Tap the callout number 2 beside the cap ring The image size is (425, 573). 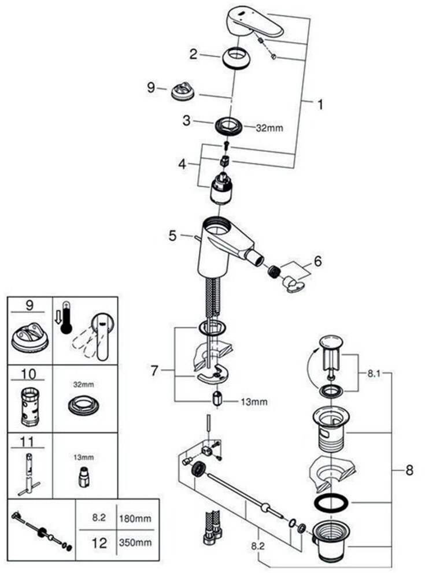(194, 54)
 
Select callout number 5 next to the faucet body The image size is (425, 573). (172, 235)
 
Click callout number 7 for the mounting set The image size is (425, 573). (154, 371)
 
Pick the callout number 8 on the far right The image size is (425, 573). (409, 470)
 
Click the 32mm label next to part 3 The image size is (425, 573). (269, 128)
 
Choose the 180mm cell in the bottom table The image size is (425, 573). (135, 519)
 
